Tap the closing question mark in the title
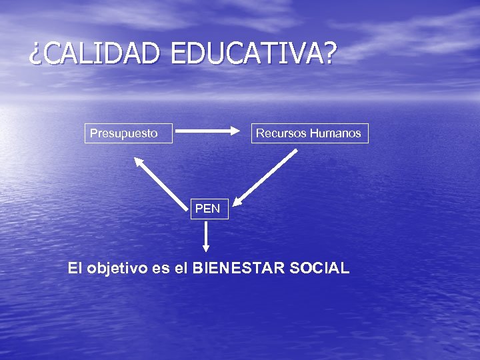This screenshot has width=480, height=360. [327, 54]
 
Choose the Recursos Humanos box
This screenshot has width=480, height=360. [308, 133]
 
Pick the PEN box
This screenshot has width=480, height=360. [207, 209]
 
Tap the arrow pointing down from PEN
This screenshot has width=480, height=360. [206, 237]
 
